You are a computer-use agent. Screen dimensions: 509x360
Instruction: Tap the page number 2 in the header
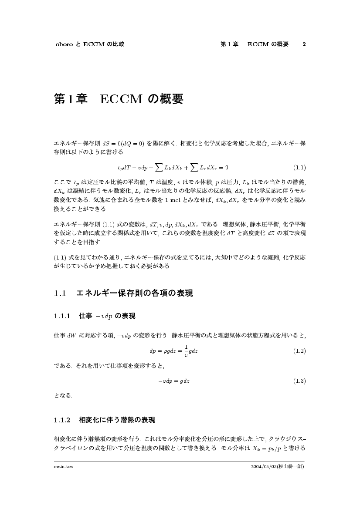[304, 44]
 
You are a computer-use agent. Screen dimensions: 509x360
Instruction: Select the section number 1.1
[60, 294]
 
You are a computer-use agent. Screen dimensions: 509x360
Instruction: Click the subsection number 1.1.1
[62, 316]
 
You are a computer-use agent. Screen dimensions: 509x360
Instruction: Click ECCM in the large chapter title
[121, 99]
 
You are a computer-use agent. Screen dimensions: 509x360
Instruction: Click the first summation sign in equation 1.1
[155, 167]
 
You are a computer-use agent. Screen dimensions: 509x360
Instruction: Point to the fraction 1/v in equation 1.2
[186, 351]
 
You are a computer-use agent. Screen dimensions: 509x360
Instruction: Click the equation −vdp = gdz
[173, 381]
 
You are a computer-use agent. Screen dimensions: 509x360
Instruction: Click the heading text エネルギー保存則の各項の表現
[135, 294]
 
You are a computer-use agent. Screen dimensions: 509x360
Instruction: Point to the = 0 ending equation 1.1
[225, 167]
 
